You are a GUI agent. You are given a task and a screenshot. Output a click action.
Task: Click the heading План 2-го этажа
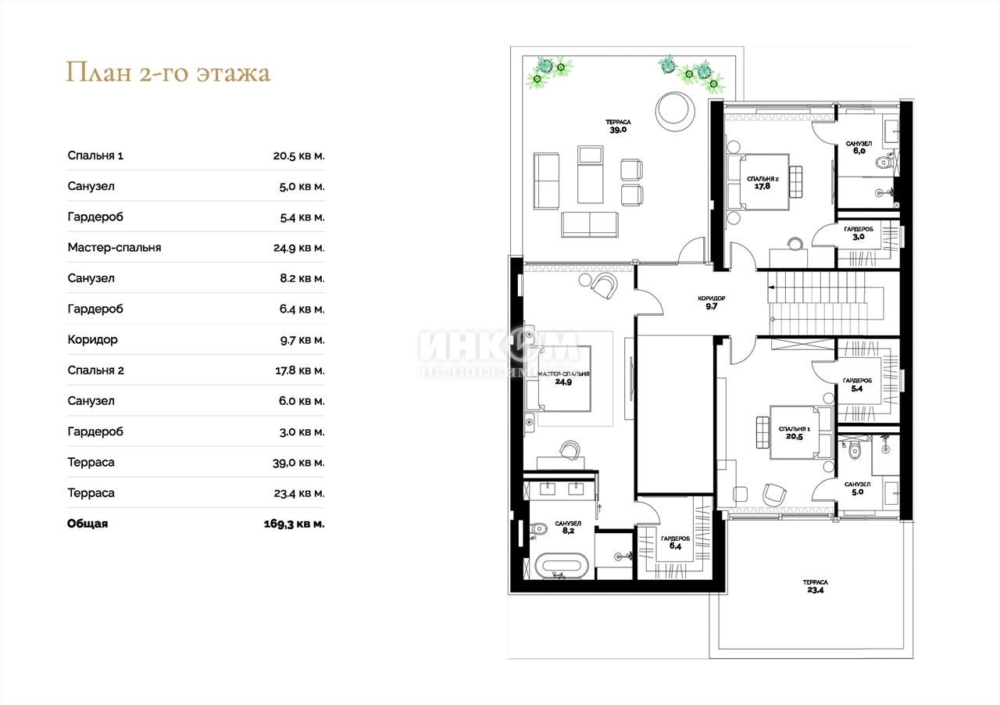point(168,73)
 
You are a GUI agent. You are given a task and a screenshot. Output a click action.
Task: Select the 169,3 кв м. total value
point(295,524)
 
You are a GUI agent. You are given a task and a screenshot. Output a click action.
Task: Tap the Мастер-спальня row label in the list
point(114,248)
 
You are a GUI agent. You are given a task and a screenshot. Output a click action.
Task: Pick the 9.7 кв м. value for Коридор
point(302,340)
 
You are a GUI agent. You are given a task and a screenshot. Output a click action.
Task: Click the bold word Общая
point(87,524)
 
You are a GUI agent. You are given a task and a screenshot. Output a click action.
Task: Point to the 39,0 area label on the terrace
point(618,130)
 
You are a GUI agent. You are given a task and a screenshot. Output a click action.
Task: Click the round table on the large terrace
point(675,112)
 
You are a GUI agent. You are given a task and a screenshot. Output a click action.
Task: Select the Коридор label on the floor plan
point(712,298)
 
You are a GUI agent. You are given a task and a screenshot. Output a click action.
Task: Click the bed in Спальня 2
point(759,182)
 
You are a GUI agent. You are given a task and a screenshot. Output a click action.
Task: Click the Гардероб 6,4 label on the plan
point(675,542)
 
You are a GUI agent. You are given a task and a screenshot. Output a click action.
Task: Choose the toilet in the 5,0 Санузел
point(855,451)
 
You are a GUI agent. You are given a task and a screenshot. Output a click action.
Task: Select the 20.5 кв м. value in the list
point(299,156)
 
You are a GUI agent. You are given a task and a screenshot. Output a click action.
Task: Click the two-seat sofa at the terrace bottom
point(590,224)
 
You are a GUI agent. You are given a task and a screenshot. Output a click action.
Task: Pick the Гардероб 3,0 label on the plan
point(859,233)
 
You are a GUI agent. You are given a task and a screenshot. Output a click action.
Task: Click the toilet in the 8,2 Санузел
point(538,529)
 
